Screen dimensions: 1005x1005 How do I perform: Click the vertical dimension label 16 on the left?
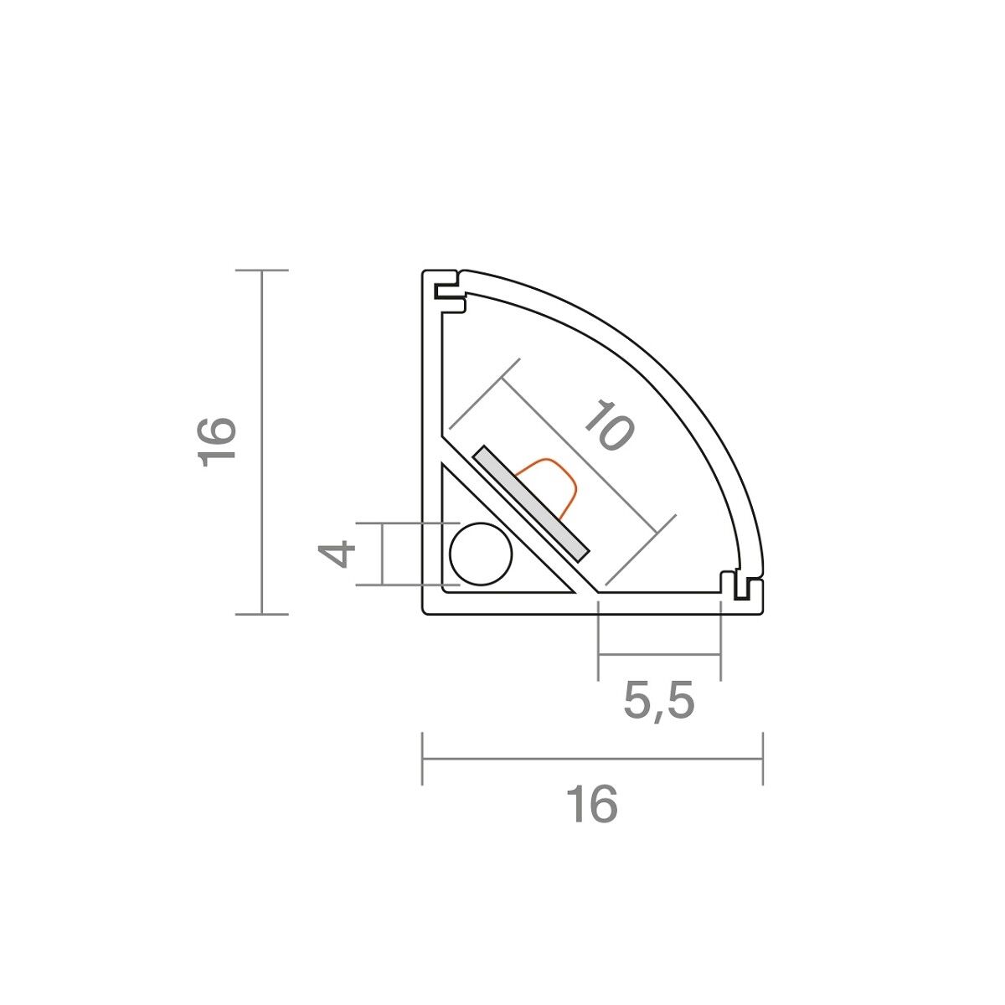pyautogui.click(x=217, y=441)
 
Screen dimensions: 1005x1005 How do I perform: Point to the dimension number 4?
pyautogui.click(x=337, y=554)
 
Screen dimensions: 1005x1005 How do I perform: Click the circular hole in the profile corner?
pyautogui.click(x=481, y=554)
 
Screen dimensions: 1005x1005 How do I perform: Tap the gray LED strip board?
pyautogui.click(x=530, y=503)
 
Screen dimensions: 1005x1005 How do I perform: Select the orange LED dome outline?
pyautogui.click(x=545, y=488)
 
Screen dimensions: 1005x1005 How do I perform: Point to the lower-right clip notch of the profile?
pyautogui.click(x=742, y=587)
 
